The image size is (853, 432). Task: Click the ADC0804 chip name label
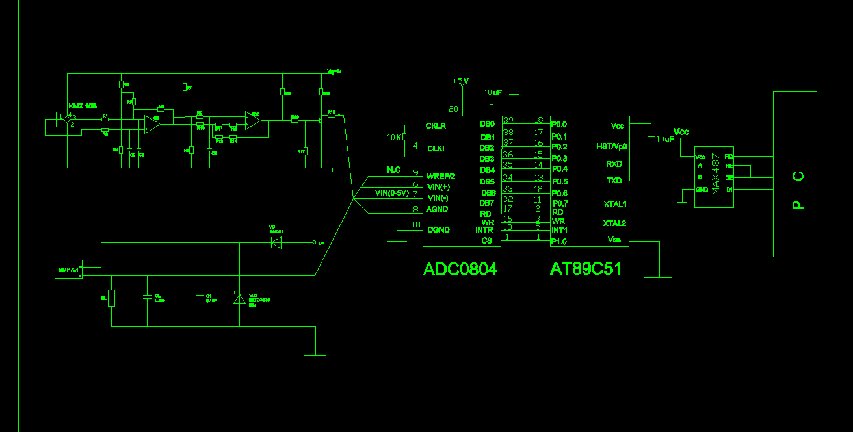(x=460, y=269)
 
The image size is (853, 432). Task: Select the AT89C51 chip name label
(x=586, y=269)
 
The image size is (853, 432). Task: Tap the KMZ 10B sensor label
(x=83, y=106)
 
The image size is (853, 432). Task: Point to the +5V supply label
(x=460, y=81)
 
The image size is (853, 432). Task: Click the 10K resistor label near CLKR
(x=394, y=137)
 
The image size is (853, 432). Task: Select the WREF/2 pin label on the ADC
(x=441, y=176)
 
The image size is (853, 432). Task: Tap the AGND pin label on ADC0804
(x=438, y=209)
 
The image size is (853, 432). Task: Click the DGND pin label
(x=438, y=229)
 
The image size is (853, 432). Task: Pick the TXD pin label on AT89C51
(x=614, y=181)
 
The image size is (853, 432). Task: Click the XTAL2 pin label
(x=614, y=223)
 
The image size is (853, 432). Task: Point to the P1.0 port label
(x=558, y=242)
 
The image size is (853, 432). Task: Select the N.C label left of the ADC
(x=393, y=170)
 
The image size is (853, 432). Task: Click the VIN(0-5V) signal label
(x=392, y=193)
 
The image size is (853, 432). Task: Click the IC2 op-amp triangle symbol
(x=254, y=120)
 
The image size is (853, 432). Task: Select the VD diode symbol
(x=276, y=242)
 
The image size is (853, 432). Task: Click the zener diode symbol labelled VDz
(x=239, y=298)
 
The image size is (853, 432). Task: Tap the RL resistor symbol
(x=112, y=298)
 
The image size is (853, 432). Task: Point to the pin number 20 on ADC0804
(x=453, y=108)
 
